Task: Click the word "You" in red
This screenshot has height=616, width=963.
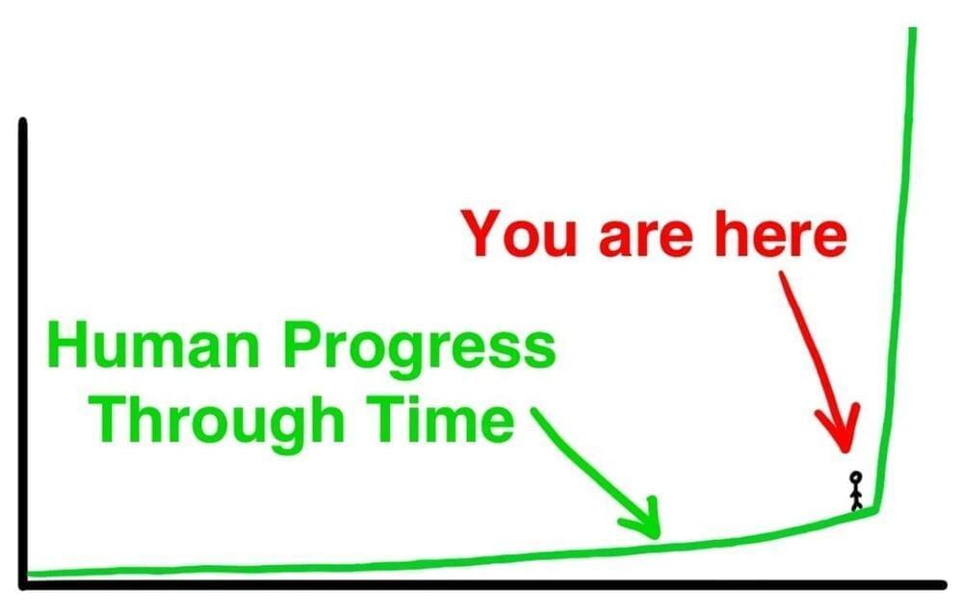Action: click(520, 234)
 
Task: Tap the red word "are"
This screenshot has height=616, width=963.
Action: click(645, 239)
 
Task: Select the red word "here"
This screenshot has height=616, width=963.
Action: click(781, 233)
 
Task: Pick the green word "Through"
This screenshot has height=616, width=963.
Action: click(218, 423)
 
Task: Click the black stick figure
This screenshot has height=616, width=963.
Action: click(855, 490)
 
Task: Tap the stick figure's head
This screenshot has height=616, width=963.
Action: click(855, 476)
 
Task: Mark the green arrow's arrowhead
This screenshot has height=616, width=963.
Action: click(646, 522)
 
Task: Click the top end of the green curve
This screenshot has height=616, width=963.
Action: click(913, 29)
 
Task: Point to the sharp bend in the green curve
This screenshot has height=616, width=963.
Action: click(875, 510)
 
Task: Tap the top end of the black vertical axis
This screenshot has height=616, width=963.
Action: click(23, 120)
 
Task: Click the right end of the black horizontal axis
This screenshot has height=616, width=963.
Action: click(943, 584)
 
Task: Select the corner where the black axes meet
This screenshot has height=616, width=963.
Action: click(23, 584)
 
